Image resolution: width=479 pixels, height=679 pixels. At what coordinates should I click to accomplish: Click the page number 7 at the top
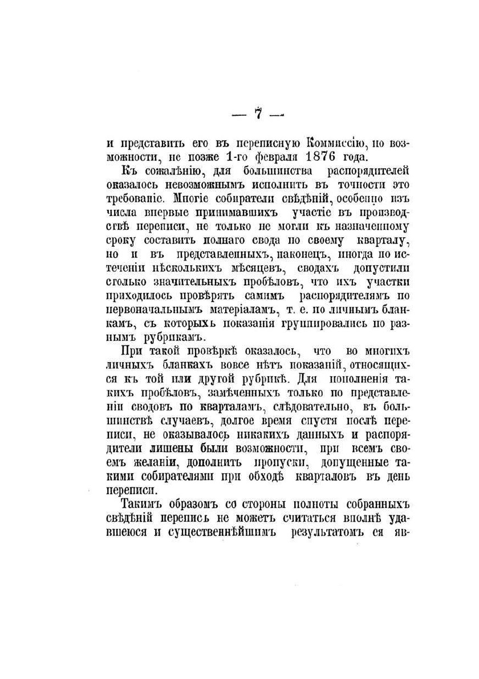(x=258, y=113)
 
